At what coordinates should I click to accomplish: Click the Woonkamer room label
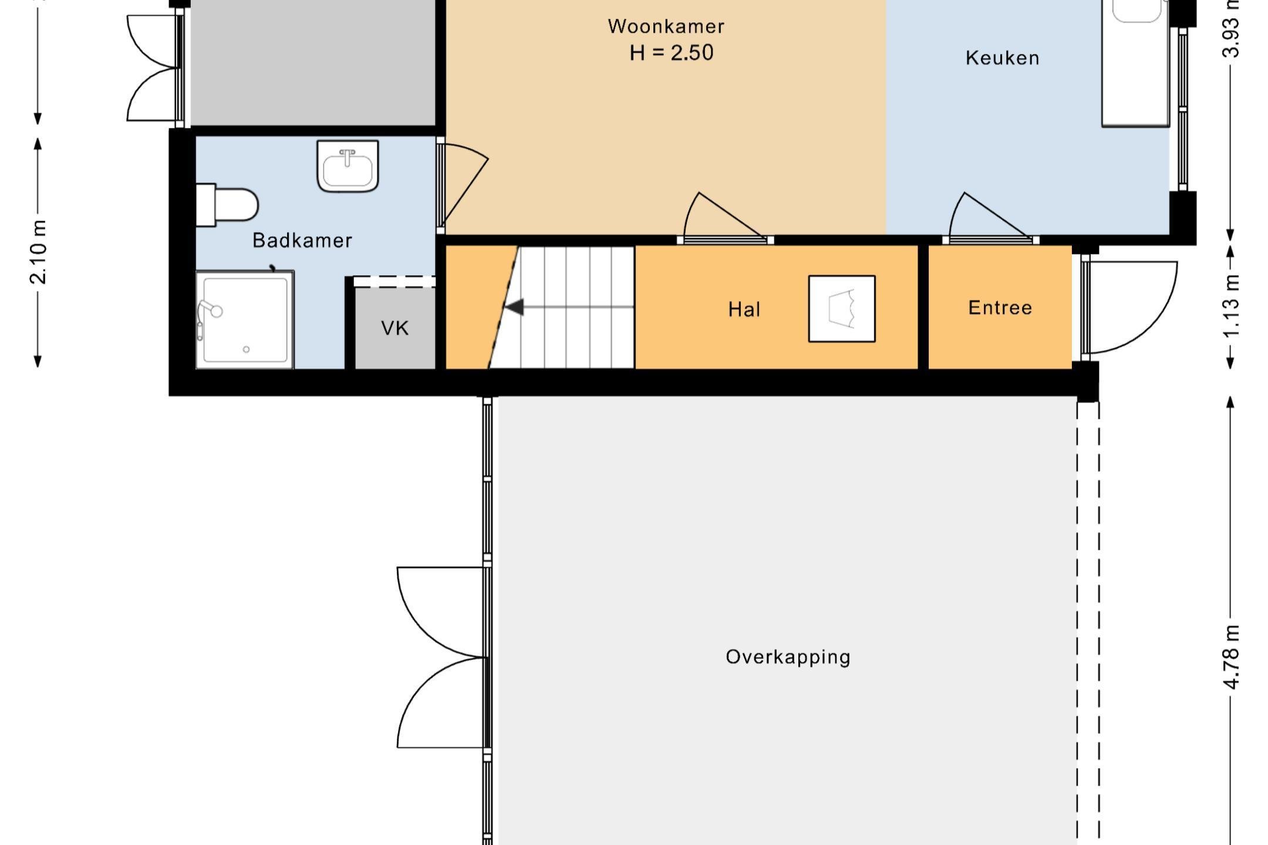pyautogui.click(x=666, y=26)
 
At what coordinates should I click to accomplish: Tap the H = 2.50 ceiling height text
pyautogui.click(x=672, y=53)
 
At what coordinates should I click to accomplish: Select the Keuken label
pyautogui.click(x=1003, y=58)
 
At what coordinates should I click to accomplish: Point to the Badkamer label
pyautogui.click(x=302, y=240)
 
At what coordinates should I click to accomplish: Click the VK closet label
pyautogui.click(x=395, y=328)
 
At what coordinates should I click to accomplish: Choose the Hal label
pyautogui.click(x=744, y=309)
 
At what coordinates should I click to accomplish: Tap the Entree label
pyautogui.click(x=1000, y=307)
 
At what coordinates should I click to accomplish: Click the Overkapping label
pyautogui.click(x=788, y=657)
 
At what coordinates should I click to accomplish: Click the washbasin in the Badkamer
pyautogui.click(x=348, y=166)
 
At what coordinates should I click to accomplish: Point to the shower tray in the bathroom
pyautogui.click(x=245, y=320)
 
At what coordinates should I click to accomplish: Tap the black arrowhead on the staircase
pyautogui.click(x=514, y=307)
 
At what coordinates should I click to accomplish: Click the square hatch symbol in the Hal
pyautogui.click(x=842, y=309)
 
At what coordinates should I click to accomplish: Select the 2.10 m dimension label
pyautogui.click(x=38, y=252)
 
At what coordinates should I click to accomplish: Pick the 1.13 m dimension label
pyautogui.click(x=1231, y=306)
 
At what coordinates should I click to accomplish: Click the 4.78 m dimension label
pyautogui.click(x=1231, y=658)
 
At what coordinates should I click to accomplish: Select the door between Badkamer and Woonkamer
pyautogui.click(x=462, y=185)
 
